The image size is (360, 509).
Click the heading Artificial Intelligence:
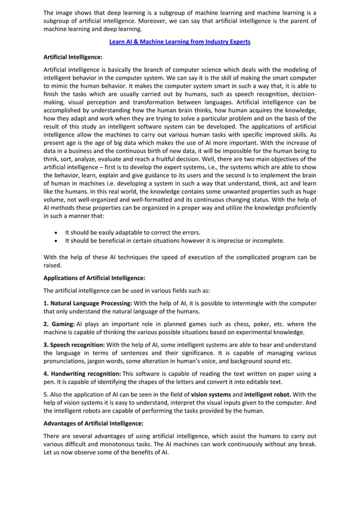(73, 58)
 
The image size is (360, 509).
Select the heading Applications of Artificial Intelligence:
(94, 278)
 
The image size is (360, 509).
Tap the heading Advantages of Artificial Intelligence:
(93, 423)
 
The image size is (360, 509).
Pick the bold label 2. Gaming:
(59, 324)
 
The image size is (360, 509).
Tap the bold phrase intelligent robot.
(268, 394)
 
